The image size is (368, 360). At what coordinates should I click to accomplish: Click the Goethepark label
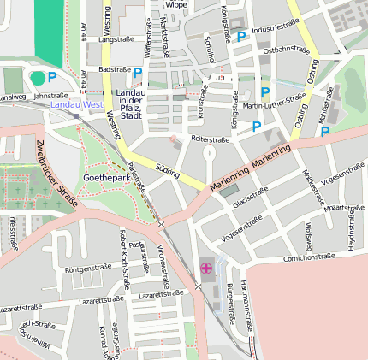pos(106,177)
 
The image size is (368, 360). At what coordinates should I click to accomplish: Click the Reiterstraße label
pos(212,138)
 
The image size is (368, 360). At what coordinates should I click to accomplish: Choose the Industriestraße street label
pos(275,29)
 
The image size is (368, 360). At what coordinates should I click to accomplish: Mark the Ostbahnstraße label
pos(286,50)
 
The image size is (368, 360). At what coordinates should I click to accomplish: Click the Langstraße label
pos(117,39)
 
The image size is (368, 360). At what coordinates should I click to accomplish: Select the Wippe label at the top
pos(176,5)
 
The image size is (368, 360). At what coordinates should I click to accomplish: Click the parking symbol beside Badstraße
pos(138,72)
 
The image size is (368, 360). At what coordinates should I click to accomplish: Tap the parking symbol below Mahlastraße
pos(325,132)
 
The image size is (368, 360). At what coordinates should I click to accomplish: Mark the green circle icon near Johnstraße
pos(37,78)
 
